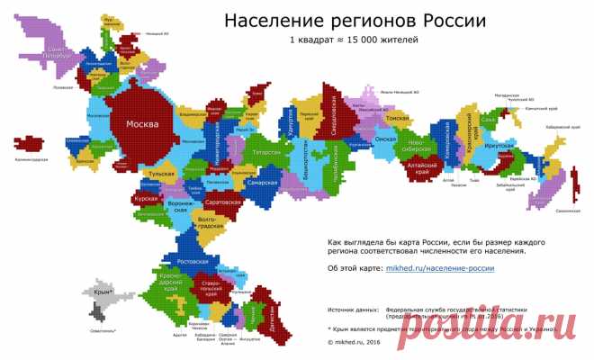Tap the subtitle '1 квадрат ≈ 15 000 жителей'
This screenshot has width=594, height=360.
[354, 40]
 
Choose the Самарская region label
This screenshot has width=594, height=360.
[260, 183]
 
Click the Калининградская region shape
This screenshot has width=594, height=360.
[32, 145]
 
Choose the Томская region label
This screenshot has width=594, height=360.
[397, 118]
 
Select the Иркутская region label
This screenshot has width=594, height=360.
[501, 146]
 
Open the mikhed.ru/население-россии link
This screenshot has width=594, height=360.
[440, 267]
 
